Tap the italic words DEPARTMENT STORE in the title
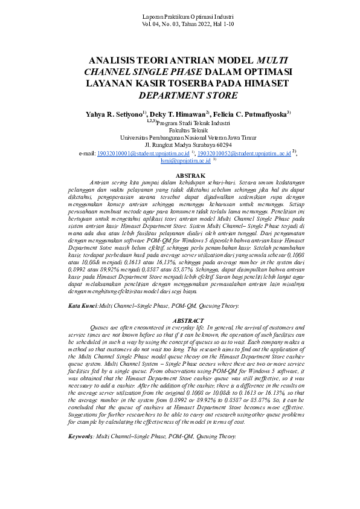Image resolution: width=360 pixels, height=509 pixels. coord(179,95)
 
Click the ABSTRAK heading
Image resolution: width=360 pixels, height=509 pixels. coord(180,175)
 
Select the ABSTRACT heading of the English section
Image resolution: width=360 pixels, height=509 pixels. coord(180,320)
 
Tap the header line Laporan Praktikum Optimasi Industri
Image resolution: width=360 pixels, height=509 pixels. coord(180,14)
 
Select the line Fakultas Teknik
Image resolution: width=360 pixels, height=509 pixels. coord(180,130)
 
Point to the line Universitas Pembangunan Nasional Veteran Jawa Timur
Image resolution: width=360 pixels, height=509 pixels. coord(180,138)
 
